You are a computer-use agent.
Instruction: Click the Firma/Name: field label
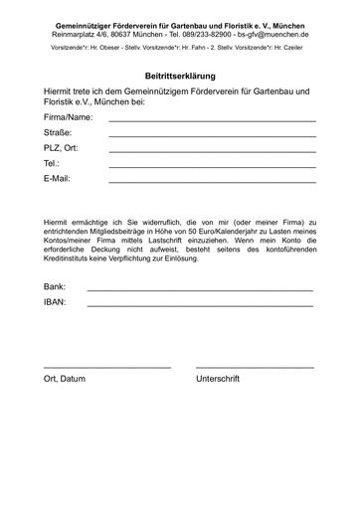tap(69, 117)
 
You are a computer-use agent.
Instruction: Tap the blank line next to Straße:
tap(212, 136)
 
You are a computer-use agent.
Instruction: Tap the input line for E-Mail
tap(212, 182)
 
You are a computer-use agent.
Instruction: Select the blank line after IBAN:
tap(199, 305)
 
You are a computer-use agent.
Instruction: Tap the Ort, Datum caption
tap(65, 380)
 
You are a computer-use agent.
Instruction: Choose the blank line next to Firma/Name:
tap(212, 121)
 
